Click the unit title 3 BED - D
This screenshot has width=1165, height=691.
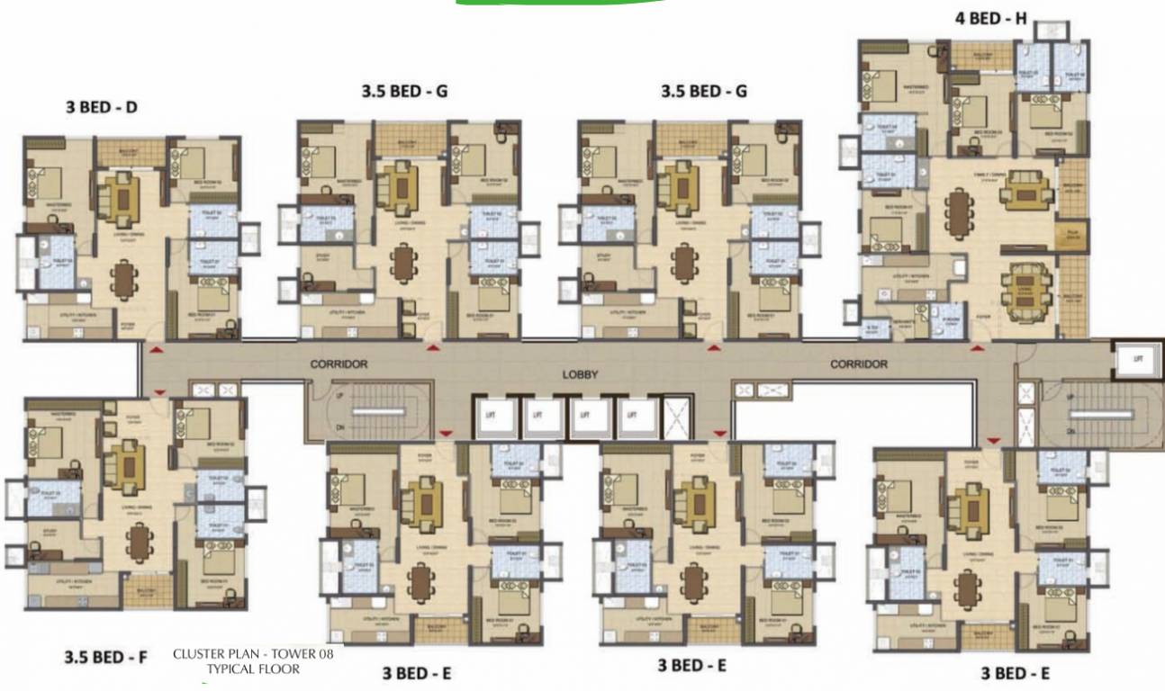pos(102,107)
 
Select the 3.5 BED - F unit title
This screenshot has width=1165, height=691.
pos(105,658)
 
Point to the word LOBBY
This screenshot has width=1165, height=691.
pos(581,374)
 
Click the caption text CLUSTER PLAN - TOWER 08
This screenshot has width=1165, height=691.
pos(253,654)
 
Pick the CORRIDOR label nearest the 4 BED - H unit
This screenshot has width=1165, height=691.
pos(858,364)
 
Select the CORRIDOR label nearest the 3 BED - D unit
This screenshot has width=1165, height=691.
pos(339,364)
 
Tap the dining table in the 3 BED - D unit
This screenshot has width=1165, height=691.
pos(123,280)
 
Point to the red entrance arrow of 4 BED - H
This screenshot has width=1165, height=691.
pos(978,347)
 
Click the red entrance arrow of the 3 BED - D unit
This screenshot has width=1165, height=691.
pos(158,348)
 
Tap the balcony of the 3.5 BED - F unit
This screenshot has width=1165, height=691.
pos(148,591)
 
